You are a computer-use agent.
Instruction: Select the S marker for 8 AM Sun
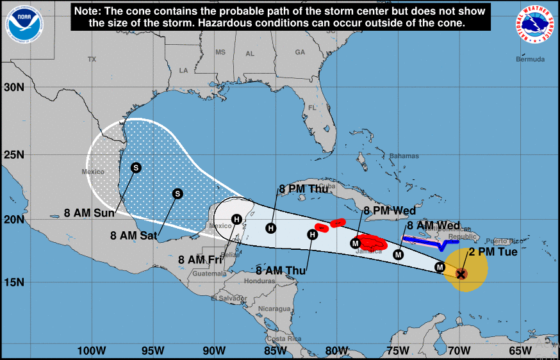136,168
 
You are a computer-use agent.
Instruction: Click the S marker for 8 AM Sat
178,193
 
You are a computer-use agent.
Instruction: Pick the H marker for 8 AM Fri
236,219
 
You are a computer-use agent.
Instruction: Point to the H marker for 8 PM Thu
271,228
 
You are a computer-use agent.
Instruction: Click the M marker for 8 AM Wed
399,254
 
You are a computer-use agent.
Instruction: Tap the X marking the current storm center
461,274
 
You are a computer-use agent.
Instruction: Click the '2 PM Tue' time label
492,252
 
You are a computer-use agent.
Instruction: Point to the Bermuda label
531,60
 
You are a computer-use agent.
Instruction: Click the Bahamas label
404,156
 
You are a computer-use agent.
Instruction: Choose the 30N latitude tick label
13,86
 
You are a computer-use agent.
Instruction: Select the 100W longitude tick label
91,350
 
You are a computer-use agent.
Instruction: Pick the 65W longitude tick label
520,350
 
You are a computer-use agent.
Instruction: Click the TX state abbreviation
92,59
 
